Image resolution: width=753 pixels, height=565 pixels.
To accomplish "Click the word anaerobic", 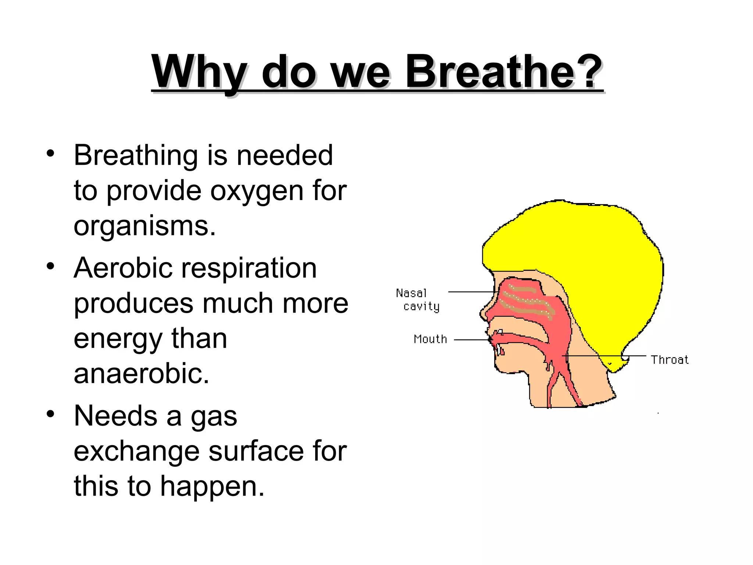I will (141, 374).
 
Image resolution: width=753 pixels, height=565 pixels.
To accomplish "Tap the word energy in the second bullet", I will (117, 339).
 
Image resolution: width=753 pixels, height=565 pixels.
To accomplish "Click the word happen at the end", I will (212, 487).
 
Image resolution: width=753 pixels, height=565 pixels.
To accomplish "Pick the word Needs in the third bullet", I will (115, 416).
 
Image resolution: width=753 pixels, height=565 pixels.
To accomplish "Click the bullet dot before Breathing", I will (51, 154).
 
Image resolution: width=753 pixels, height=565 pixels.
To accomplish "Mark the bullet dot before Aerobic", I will (51, 266).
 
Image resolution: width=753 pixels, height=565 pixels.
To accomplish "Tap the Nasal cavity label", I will (417, 299).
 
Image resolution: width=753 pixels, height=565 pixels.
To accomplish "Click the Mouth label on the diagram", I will (430, 339).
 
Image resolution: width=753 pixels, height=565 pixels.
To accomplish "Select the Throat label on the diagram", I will (670, 359).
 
